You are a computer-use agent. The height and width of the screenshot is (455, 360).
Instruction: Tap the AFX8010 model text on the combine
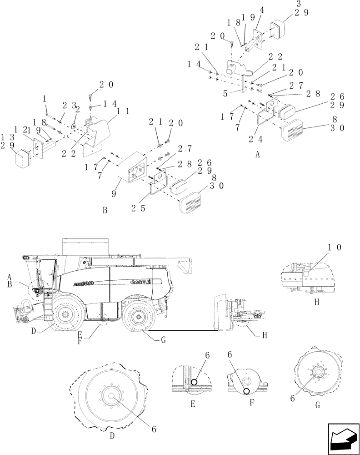[x=82, y=283]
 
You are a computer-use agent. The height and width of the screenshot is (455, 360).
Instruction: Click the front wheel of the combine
[x=67, y=314]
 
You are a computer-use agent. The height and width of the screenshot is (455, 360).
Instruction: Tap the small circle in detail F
[x=246, y=391]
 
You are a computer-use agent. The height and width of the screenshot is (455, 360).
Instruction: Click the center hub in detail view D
[x=110, y=395]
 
